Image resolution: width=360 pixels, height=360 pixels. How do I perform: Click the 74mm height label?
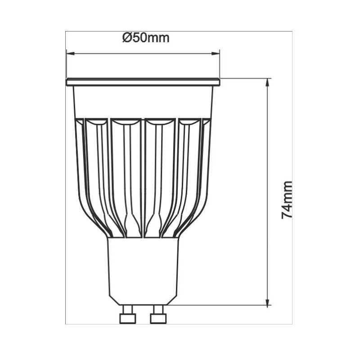pyautogui.click(x=287, y=200)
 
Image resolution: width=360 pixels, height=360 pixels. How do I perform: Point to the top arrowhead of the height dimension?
pyautogui.click(x=268, y=82)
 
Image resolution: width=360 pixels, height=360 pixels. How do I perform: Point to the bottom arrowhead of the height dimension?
pyautogui.click(x=268, y=301)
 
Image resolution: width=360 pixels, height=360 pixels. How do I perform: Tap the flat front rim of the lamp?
pyautogui.click(x=143, y=82)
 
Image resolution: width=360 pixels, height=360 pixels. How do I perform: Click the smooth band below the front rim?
pyautogui.click(x=143, y=102)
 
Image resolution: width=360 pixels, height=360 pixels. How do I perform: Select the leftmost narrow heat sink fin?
pyautogui.click(x=80, y=148)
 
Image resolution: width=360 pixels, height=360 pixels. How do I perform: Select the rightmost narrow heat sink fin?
pyautogui.click(x=206, y=148)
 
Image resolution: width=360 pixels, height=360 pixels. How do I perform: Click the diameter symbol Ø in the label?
pyautogui.click(x=126, y=38)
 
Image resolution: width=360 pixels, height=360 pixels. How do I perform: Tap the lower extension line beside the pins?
pyautogui.click(x=216, y=305)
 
